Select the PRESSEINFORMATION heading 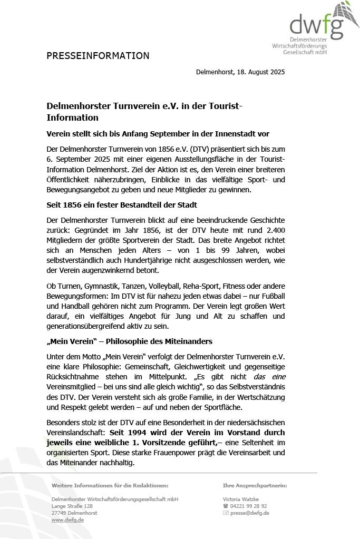pyautogui.click(x=98, y=56)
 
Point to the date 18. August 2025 pyautogui.click(x=261, y=72)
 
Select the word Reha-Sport pyautogui.click(x=201, y=286)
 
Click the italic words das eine pyautogui.click(x=269, y=376)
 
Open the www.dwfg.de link pyautogui.click(x=67, y=520)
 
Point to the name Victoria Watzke pyautogui.click(x=241, y=499)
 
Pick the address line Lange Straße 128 pyautogui.click(x=72, y=506)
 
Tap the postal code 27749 pyautogui.click(x=59, y=513)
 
